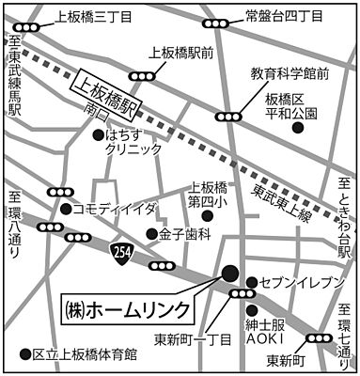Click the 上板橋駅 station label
[x=106, y=90]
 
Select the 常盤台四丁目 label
[x=283, y=15]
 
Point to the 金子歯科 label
[x=183, y=233]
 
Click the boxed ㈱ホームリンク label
[x=127, y=307]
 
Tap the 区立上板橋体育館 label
[x=86, y=355]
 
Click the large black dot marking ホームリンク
[x=229, y=274]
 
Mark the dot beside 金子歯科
[x=149, y=233]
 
